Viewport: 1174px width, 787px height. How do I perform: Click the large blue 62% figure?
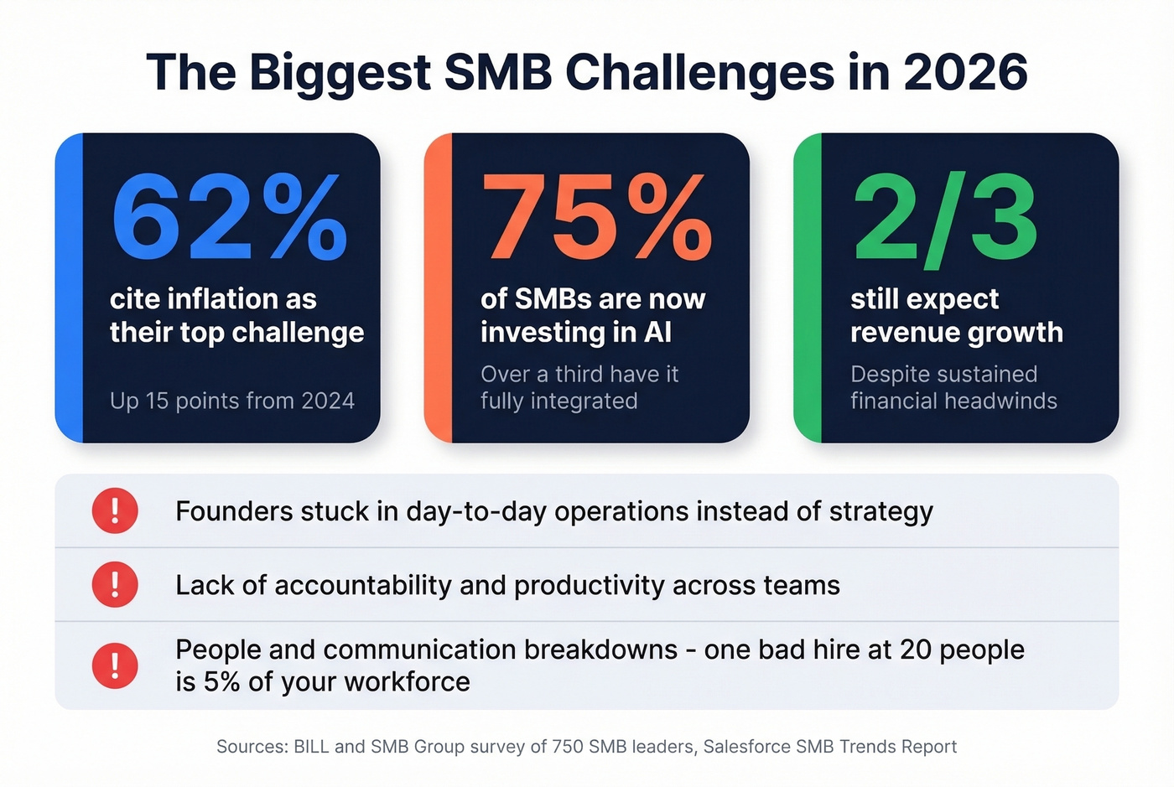tap(229, 218)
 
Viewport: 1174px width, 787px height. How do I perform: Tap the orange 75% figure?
tap(596, 218)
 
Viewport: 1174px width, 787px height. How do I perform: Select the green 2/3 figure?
tap(945, 220)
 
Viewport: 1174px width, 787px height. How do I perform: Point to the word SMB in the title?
tap(498, 72)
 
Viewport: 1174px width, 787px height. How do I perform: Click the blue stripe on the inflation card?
tap(70, 287)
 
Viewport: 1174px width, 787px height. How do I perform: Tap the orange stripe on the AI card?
tap(439, 287)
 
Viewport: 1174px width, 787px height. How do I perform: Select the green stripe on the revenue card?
tap(808, 287)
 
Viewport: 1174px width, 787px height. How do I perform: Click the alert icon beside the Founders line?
tap(115, 510)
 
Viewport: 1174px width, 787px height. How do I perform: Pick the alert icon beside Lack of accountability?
tap(115, 584)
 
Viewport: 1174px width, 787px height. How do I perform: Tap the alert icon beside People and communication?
tap(115, 665)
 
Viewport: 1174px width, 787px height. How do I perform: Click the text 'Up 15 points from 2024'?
tap(232, 401)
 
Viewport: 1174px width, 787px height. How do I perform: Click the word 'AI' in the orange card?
tap(658, 333)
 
